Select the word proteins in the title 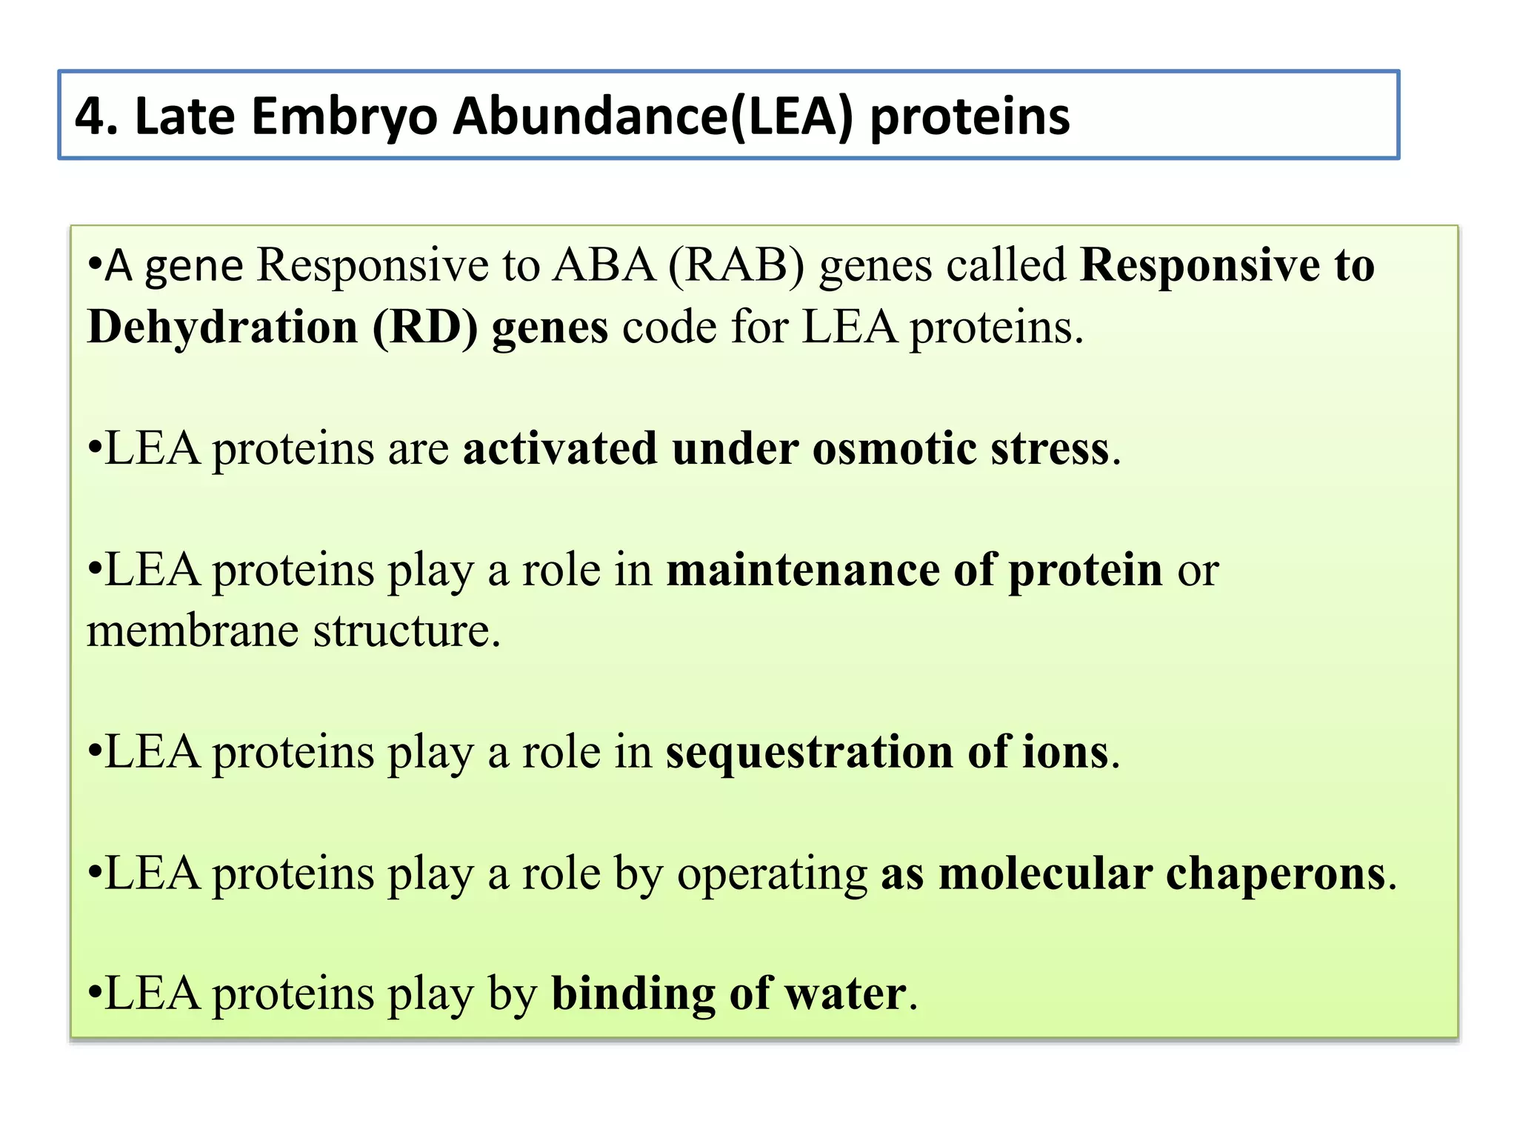coord(970,117)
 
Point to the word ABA coord(604,264)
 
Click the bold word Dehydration coord(222,327)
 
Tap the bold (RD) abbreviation coord(425,327)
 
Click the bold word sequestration coord(809,752)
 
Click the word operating coord(772,874)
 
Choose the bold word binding coord(633,994)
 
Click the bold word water coord(845,994)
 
